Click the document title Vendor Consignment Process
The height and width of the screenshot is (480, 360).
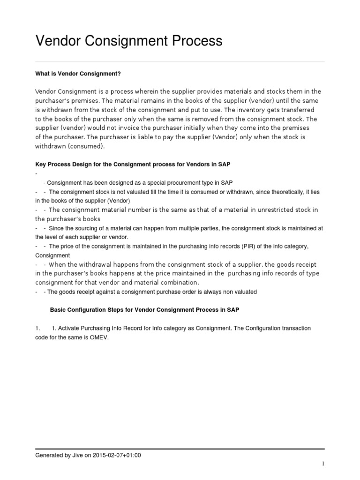129,41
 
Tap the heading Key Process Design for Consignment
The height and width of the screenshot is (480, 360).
133,165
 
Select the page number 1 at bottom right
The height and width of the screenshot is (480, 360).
323,464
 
